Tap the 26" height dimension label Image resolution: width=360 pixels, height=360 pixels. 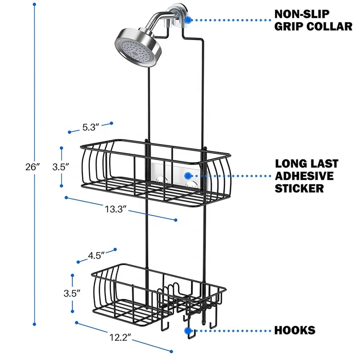tap(33, 166)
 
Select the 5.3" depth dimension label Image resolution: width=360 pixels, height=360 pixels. tap(90, 127)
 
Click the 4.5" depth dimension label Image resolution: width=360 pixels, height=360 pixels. tap(96, 255)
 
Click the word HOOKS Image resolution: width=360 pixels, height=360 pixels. tap(295, 331)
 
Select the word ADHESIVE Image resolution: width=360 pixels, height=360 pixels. tap(304, 175)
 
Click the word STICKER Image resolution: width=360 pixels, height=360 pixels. tap(300, 188)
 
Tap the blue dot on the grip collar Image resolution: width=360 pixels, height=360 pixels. tap(188, 20)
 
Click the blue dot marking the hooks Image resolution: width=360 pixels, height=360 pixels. tap(188, 331)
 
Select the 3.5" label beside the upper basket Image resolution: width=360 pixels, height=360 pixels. tap(60, 166)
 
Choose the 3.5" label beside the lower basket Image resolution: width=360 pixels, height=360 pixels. tap(72, 292)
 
